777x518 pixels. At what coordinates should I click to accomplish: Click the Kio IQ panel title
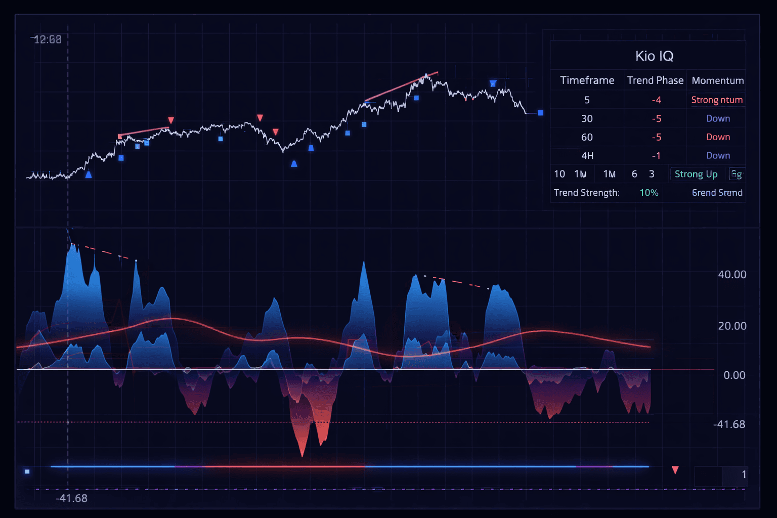tap(654, 56)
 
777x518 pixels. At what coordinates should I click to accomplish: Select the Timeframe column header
tap(587, 80)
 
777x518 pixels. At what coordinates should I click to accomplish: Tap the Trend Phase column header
tap(655, 80)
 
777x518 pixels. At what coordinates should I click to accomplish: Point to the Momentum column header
tap(717, 80)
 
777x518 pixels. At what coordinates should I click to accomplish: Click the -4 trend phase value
tap(656, 100)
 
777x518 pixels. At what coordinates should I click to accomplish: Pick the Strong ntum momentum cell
tap(717, 100)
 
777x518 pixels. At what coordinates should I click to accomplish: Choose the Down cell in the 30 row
tap(718, 118)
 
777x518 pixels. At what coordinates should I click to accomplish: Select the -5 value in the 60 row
tap(656, 137)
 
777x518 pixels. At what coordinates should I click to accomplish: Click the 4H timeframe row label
tap(587, 156)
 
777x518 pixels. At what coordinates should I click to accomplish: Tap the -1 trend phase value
tap(656, 156)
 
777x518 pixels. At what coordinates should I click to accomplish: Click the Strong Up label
tap(696, 174)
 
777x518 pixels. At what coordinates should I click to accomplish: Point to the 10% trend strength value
tap(649, 193)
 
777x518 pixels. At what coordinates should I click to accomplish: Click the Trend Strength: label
tap(586, 193)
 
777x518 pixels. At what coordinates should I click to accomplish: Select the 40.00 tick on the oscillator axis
tap(731, 275)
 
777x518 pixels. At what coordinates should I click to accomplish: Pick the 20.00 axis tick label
tap(731, 326)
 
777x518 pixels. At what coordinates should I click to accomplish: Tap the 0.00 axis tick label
tap(734, 375)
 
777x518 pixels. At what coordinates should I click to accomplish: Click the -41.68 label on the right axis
tap(729, 424)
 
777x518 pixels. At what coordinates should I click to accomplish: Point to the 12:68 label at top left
tap(47, 39)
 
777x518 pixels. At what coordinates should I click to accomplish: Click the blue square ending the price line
tap(540, 113)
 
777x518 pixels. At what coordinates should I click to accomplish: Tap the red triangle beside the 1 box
tap(675, 470)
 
